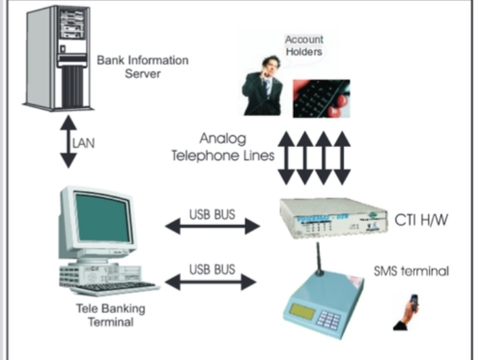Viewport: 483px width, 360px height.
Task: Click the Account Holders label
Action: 304,46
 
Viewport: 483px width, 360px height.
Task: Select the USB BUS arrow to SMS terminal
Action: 212,282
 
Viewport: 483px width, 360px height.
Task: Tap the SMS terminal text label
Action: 411,272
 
